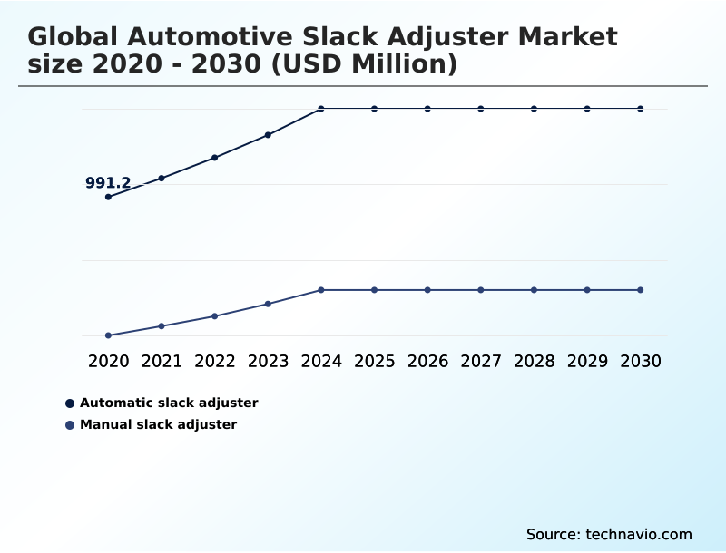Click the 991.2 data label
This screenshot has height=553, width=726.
108,183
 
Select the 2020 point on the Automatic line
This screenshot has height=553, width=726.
108,197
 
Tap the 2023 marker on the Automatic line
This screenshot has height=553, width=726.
268,135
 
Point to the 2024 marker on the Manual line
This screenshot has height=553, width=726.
321,290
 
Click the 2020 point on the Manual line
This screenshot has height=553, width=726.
108,335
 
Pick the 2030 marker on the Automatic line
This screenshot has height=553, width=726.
640,109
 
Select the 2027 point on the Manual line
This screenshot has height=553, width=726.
481,290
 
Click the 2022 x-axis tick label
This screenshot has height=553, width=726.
215,361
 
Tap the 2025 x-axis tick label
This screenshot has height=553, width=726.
374,361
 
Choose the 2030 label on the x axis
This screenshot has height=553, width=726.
640,361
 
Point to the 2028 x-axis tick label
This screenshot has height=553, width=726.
534,361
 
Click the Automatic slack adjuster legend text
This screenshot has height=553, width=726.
169,403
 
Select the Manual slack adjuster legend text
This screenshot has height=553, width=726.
158,424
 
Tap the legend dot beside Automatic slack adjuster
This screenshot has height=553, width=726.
70,403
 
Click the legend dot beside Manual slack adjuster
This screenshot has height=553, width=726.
70,425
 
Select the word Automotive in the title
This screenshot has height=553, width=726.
216,37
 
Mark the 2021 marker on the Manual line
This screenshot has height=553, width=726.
162,325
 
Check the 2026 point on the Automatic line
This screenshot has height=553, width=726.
427,109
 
